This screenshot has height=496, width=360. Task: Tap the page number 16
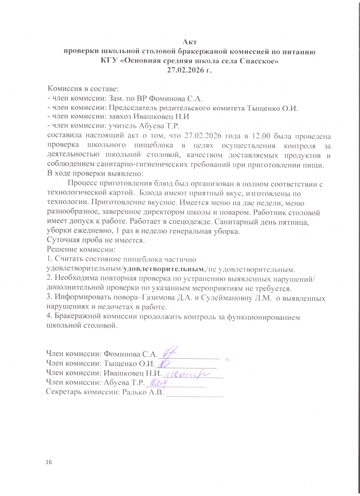click(48, 463)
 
